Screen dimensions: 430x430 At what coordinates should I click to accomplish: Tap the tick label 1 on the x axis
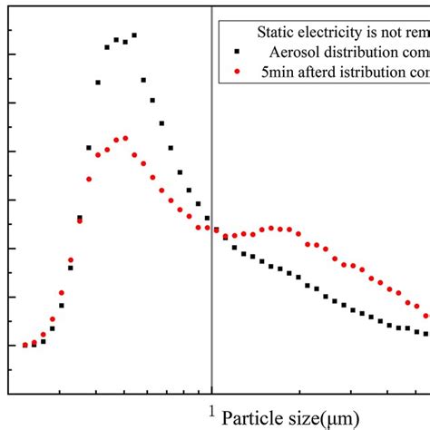(211, 409)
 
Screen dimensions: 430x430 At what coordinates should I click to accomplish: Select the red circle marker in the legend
(237, 70)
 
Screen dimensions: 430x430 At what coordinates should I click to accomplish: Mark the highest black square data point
(134, 35)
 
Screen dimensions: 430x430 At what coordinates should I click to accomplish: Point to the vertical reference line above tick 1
(211, 181)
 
